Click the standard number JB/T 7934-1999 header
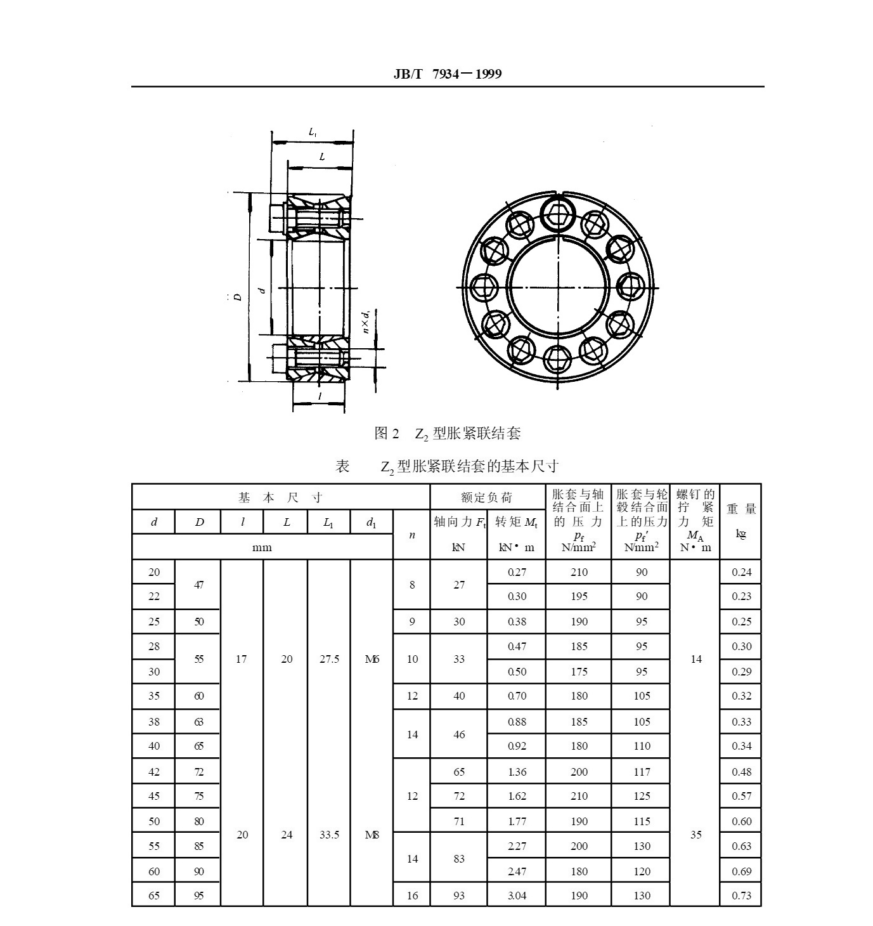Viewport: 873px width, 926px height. [x=448, y=74]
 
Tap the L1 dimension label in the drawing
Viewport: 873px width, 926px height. [x=313, y=133]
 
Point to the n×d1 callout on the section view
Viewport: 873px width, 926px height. [x=366, y=322]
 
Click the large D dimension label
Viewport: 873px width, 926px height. [x=238, y=297]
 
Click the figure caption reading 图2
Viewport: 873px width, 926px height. [x=387, y=433]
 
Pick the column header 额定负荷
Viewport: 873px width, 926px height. [x=487, y=497]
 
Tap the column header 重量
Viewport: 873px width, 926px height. [x=741, y=509]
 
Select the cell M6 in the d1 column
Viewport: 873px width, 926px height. [x=372, y=659]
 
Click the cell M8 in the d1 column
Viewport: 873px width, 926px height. [x=372, y=835]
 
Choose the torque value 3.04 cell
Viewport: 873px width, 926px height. [x=517, y=895]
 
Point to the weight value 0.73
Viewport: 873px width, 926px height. [x=741, y=895]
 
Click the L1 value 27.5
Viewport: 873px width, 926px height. [x=329, y=659]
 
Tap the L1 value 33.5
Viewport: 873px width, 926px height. [x=329, y=835]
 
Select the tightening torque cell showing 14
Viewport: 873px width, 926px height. [x=696, y=659]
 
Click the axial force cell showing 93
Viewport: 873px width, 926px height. [x=459, y=895]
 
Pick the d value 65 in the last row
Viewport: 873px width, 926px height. [x=154, y=895]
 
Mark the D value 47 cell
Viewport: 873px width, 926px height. [x=198, y=585]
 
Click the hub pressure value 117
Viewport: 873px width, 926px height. [x=642, y=772]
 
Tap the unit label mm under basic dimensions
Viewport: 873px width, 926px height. [x=262, y=547]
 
